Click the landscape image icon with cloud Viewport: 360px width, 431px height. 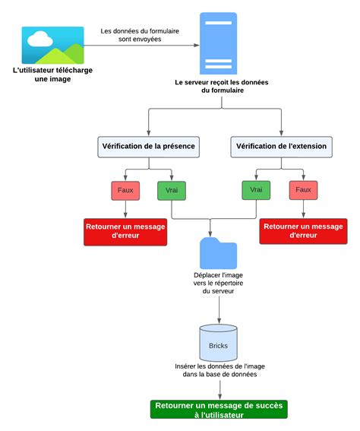52,45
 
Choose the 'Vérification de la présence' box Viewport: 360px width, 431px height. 147,145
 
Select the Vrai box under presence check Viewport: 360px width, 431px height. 172,190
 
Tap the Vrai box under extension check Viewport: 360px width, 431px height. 257,190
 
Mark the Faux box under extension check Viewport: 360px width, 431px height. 303,190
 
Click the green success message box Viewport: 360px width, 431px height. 219,410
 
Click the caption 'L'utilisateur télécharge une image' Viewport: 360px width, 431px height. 52,74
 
